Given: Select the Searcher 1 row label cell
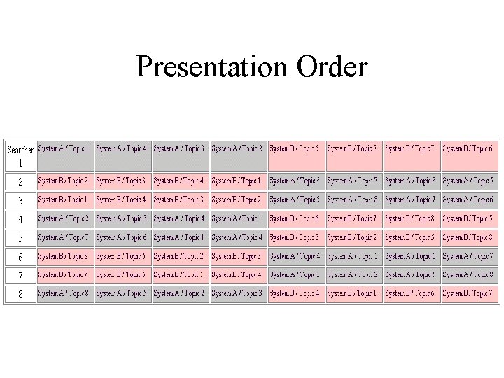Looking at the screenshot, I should click(20, 155).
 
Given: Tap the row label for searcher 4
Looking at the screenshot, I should click(20, 219).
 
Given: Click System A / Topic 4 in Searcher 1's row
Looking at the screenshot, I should click(122, 148).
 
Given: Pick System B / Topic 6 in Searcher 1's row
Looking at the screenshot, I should click(468, 148).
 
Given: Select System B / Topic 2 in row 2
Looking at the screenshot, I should click(64, 181).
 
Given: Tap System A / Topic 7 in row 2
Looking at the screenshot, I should click(353, 181).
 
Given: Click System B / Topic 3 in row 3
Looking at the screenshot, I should click(180, 200).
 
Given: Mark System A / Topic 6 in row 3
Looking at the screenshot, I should click(468, 200).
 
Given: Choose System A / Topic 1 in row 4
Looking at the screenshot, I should click(238, 219).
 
